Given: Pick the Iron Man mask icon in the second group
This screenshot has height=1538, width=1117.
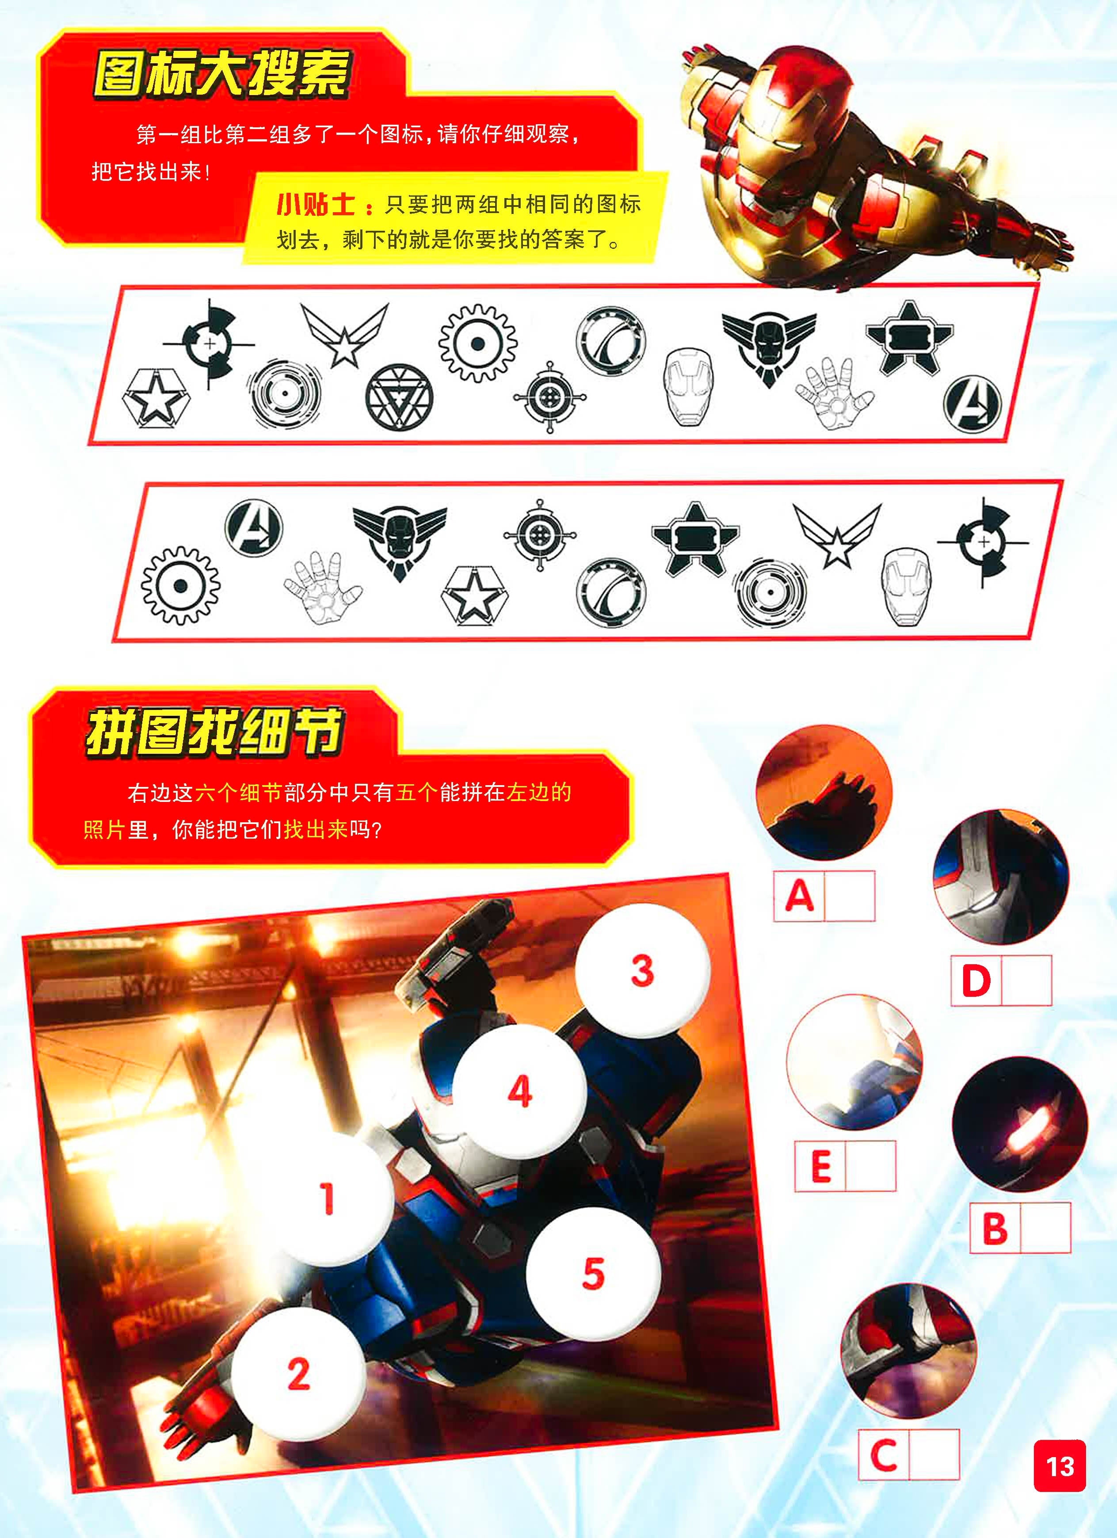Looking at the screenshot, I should [x=907, y=587].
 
